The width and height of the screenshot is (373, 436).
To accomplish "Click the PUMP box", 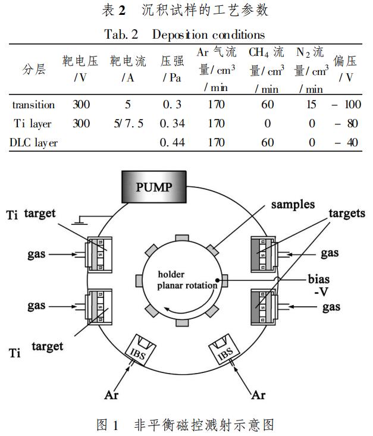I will pos(154,187).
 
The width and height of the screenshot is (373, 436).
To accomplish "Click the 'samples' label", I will pos(293,204).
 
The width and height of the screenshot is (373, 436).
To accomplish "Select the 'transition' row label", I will pos(33,105).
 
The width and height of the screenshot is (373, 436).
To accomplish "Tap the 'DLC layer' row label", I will pos(33,143).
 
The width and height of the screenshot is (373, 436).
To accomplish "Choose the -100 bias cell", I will pos(346,105).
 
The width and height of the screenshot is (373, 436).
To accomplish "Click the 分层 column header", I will pos(34,69).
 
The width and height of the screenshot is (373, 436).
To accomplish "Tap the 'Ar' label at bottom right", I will pos(258,394).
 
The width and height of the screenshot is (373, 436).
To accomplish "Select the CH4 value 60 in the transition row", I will pos(267,105).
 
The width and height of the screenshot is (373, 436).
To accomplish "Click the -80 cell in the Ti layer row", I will pos(348,124).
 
